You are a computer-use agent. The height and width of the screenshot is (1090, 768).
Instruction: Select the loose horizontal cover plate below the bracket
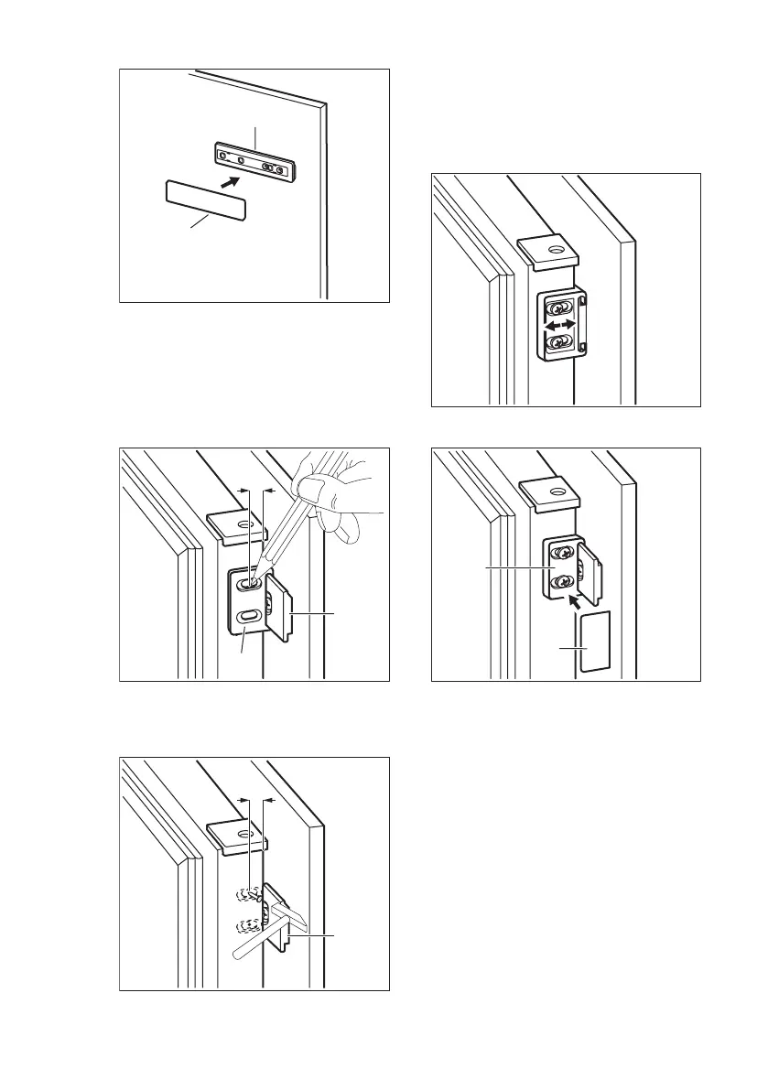pyautogui.click(x=206, y=199)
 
